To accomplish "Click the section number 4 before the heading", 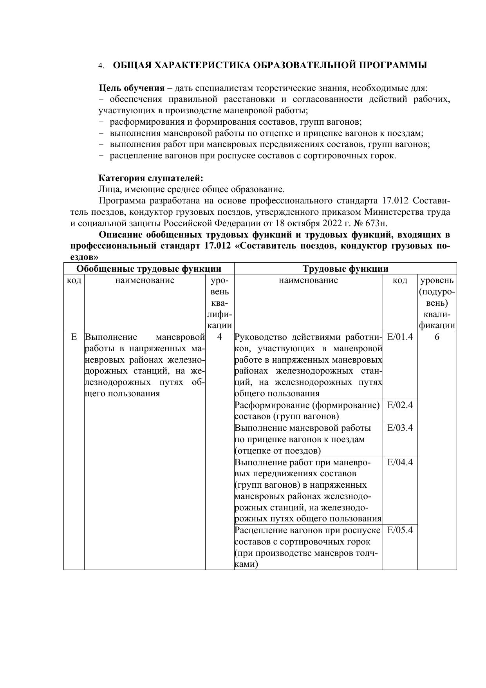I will click(x=101, y=66).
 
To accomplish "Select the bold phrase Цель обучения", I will click(x=132, y=88).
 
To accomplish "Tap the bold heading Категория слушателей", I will click(x=151, y=178).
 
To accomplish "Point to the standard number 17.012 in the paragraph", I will click(x=395, y=201).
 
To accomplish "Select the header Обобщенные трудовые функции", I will click(x=149, y=269).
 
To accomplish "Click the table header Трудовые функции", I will click(x=345, y=269).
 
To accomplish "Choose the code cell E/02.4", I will click(x=400, y=405).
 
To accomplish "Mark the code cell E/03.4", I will click(x=400, y=428).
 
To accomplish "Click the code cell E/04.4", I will click(x=400, y=462).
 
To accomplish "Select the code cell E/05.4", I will click(x=400, y=530).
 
